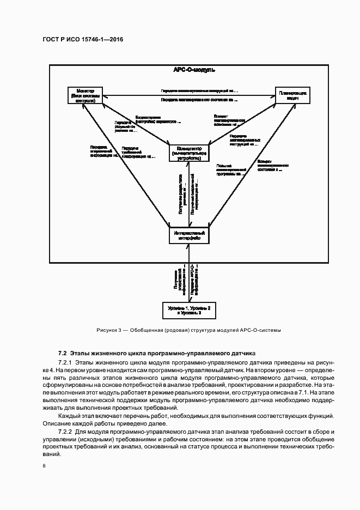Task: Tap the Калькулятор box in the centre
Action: click(x=188, y=154)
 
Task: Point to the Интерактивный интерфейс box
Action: click(x=188, y=235)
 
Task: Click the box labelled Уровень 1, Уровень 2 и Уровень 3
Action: click(x=188, y=310)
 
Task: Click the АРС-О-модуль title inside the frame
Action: click(x=194, y=70)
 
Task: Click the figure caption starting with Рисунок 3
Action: click(x=188, y=330)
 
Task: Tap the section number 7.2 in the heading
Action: click(x=62, y=353)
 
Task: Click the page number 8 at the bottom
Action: click(x=44, y=466)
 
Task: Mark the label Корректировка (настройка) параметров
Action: click(x=154, y=119)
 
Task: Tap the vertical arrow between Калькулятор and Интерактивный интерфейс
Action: click(x=189, y=195)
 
